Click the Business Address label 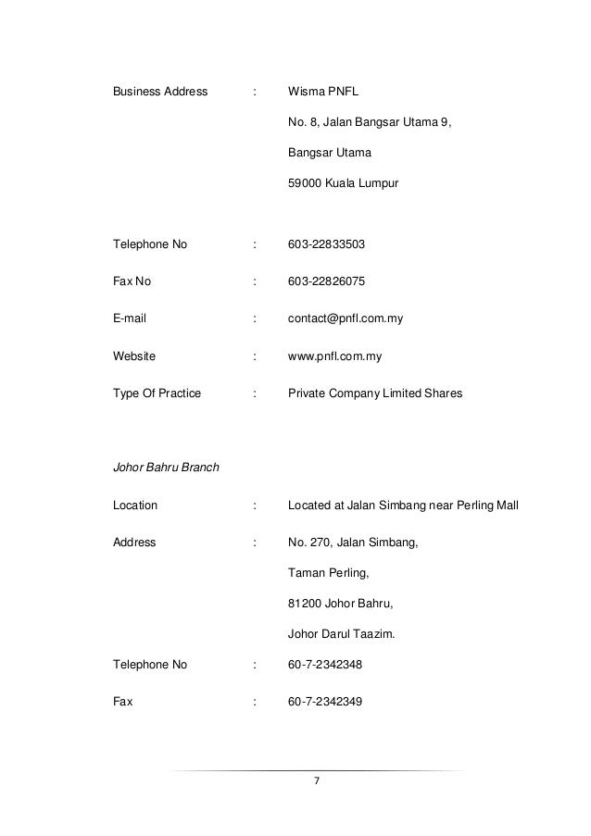click(x=160, y=93)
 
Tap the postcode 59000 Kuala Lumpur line click(x=343, y=184)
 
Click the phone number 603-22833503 click(x=326, y=245)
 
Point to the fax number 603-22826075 click(x=326, y=281)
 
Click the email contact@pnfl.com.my click(x=346, y=318)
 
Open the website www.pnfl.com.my click(x=335, y=356)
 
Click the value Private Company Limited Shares click(x=375, y=393)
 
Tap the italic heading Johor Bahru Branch click(x=166, y=468)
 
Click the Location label click(x=135, y=505)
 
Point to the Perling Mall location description click(x=404, y=505)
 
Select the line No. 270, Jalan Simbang click(x=353, y=543)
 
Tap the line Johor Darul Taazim click(x=340, y=635)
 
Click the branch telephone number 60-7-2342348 click(x=325, y=664)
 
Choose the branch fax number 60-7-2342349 click(x=325, y=701)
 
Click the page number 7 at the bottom click(x=316, y=782)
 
